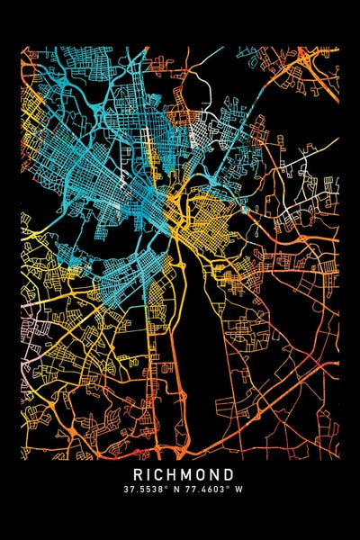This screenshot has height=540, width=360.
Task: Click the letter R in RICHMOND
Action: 139,473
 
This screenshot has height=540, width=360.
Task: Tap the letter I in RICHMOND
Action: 150,473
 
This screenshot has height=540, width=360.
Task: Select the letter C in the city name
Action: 161,473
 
